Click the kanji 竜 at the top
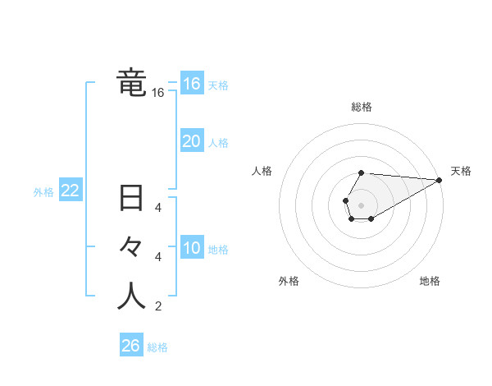pos(131,84)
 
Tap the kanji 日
pos(131,200)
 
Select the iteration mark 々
pos(131,248)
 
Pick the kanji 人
pos(131,296)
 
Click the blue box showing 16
pos(191,84)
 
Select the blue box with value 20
pos(191,141)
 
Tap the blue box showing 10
pos(191,248)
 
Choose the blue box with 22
pos(71,191)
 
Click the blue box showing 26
pos(131,346)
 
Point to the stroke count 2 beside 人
pos(158,307)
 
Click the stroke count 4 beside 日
pos(158,208)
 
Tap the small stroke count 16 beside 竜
pos(158,94)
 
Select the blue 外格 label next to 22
pos(43,192)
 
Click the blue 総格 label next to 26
pos(157,347)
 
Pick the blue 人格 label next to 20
pos(218,143)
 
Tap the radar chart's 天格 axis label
pos(461,171)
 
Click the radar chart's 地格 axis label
pos(430,281)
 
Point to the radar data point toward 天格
pos(440,180)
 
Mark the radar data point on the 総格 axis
pos(362,173)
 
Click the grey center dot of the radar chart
pos(362,204)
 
